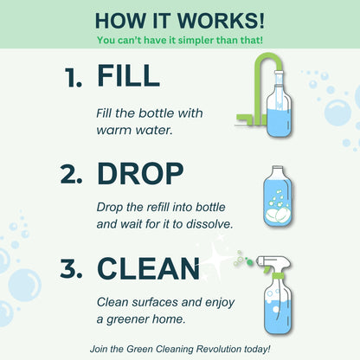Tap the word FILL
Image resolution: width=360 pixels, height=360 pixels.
pos(129,76)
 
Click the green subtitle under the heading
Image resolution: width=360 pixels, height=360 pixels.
pos(180,40)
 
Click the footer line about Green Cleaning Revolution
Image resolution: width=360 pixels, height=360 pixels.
pos(180,348)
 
